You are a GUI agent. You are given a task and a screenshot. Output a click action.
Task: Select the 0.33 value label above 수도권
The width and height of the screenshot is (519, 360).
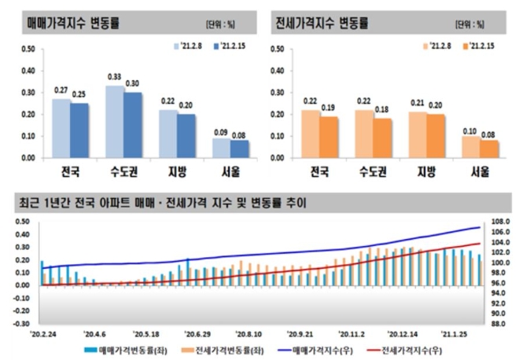point(115,78)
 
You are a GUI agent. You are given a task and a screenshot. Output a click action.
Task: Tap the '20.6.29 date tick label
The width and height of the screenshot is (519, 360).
point(197,332)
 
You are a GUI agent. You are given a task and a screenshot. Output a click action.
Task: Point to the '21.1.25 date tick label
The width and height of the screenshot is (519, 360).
point(456,332)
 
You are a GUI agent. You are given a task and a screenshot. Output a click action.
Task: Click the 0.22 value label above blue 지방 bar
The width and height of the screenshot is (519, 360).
point(168,101)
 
